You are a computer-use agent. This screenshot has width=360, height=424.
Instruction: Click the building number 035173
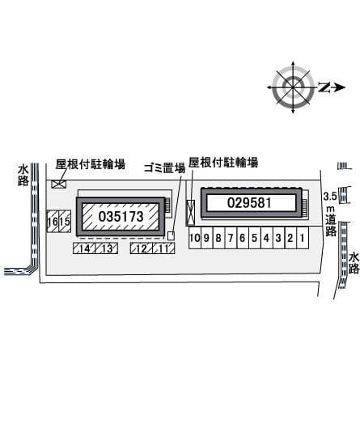(x=121, y=217)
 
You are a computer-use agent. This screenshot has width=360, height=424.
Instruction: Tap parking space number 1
(x=302, y=238)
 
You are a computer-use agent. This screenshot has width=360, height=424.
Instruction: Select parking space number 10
(x=195, y=238)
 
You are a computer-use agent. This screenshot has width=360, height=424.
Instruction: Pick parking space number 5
(x=254, y=238)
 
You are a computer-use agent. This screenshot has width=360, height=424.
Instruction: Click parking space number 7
(x=231, y=238)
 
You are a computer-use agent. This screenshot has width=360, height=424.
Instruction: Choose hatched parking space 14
(x=84, y=248)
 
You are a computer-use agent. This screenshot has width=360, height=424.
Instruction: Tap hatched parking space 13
(x=106, y=248)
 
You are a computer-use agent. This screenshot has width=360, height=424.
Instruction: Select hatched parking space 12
(x=141, y=248)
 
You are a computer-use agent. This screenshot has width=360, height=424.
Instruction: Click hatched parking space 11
(x=163, y=248)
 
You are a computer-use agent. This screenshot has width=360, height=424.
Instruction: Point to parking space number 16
(x=52, y=222)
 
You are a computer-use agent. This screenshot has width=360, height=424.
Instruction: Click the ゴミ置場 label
(x=164, y=168)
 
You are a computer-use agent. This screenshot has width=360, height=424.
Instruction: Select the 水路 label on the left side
(x=22, y=176)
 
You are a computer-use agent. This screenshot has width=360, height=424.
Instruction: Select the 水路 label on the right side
(x=354, y=263)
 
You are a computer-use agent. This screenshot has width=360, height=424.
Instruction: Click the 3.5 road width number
(x=329, y=197)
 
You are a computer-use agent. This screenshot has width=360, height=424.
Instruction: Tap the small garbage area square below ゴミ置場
(x=171, y=235)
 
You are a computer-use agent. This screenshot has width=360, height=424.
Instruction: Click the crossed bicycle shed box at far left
(x=58, y=184)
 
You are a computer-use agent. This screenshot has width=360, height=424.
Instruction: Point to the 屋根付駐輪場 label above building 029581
(x=223, y=163)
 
